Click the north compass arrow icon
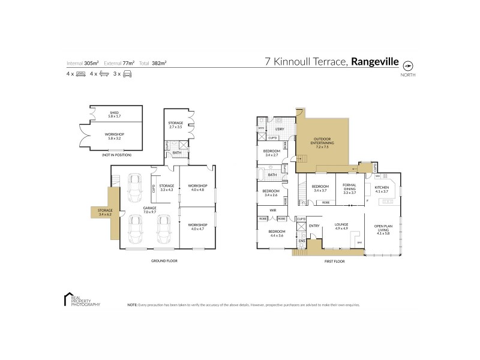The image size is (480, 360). (x=409, y=65)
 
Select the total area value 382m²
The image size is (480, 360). (x=159, y=62)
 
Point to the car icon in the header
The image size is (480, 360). (x=127, y=74)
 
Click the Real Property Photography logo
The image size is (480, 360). (x=80, y=300)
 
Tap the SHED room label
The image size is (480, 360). (x=114, y=113)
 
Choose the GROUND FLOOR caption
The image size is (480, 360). (x=164, y=261)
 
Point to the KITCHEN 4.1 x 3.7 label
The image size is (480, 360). (x=382, y=190)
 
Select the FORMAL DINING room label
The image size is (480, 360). (x=350, y=188)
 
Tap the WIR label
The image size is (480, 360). (x=272, y=210)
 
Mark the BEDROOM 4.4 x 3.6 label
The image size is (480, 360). (x=277, y=233)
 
